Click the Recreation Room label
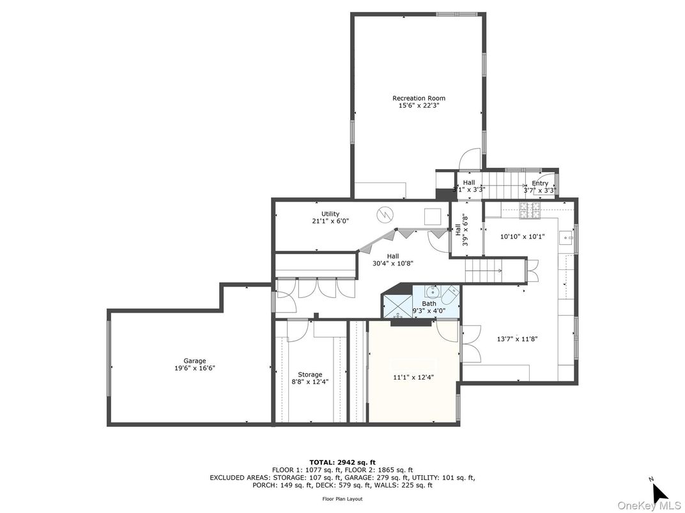click(x=419, y=98)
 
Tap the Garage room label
click(x=195, y=361)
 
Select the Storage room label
click(x=310, y=375)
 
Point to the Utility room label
click(x=330, y=214)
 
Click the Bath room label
click(x=429, y=304)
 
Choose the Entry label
click(x=540, y=183)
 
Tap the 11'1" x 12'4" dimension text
click(x=413, y=377)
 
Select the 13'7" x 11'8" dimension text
click(x=518, y=339)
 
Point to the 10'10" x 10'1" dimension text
click(x=522, y=236)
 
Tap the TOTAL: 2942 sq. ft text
click(x=342, y=462)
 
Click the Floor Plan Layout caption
click(x=342, y=499)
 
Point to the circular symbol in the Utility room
click(x=385, y=214)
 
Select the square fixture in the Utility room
click(x=433, y=216)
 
